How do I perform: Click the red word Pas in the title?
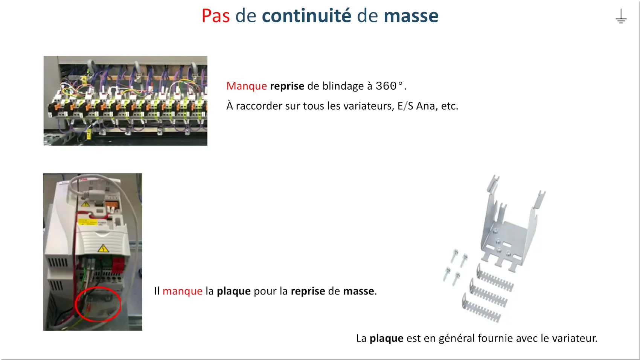coord(216,16)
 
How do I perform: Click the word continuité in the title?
coord(306,16)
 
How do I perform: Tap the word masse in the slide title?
coord(411,16)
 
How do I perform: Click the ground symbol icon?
coord(621,16)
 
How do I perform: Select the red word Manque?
coord(247,86)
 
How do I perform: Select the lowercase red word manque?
coord(183,291)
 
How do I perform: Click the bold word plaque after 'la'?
coord(234,291)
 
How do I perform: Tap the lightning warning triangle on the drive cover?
coord(103,248)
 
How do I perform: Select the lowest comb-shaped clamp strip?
coord(482,308)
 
